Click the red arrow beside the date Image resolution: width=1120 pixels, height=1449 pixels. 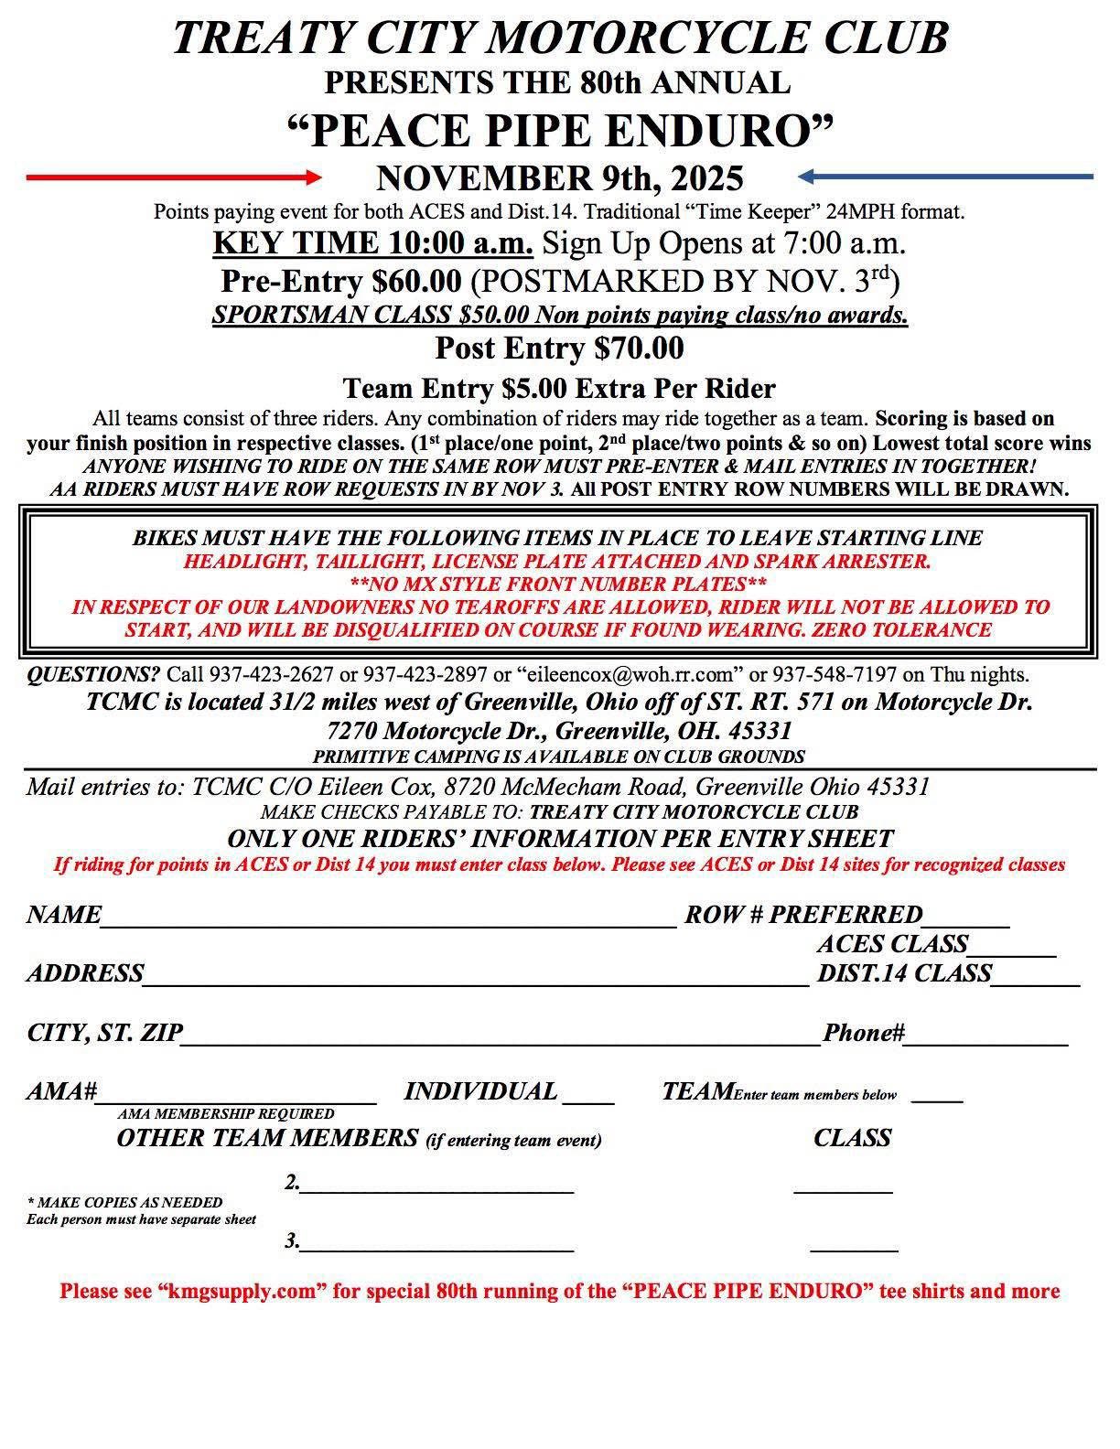pyautogui.click(x=174, y=177)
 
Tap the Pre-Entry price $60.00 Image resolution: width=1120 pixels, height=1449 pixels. pyautogui.click(x=417, y=279)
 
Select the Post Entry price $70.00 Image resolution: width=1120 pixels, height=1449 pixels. pyautogui.click(x=638, y=349)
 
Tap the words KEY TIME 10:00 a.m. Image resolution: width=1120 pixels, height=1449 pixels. pyautogui.click(x=373, y=243)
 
